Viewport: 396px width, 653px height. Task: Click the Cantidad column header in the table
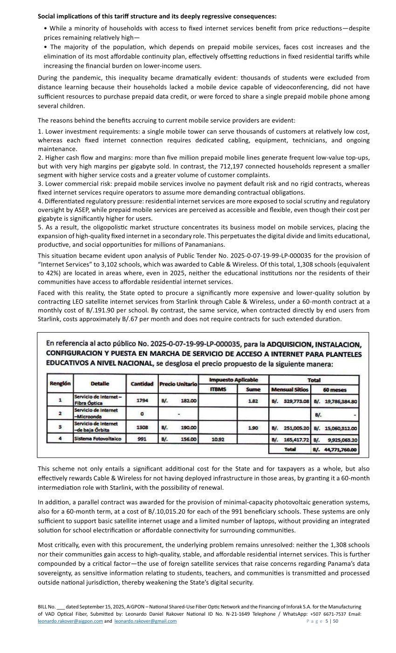(142, 384)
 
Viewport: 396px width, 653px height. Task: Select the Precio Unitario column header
(178, 384)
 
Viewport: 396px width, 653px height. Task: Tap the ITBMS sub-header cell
(218, 389)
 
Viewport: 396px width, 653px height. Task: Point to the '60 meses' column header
(335, 389)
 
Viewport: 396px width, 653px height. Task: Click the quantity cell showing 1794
(142, 400)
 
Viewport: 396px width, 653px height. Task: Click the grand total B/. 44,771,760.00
(335, 450)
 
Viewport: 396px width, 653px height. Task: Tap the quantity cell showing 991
(142, 439)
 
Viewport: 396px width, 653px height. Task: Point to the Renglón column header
(60, 384)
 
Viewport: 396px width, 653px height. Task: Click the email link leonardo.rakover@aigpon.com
(70, 621)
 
